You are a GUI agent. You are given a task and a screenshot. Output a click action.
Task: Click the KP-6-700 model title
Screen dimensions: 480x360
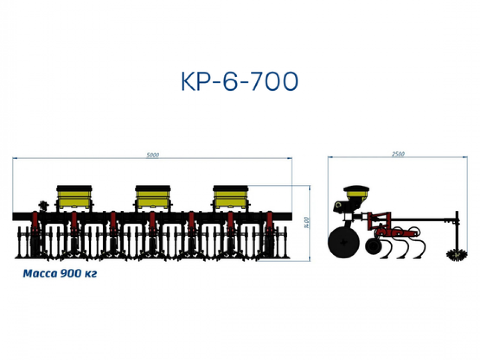[x=240, y=81]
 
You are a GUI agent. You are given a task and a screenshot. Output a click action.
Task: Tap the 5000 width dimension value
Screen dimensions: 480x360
[x=152, y=155]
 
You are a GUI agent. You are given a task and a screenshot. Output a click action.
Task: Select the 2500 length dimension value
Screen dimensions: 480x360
[x=398, y=154]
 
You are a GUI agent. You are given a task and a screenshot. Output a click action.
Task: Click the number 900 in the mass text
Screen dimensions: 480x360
[x=70, y=274]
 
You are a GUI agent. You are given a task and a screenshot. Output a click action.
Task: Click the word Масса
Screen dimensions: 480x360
[x=40, y=274]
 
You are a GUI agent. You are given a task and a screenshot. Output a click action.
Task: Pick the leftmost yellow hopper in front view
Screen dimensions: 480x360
[x=74, y=198]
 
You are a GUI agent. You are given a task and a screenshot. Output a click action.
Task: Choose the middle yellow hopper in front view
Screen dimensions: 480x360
[x=153, y=198]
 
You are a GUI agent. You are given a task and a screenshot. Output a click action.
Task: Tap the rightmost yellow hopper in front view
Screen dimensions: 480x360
[x=230, y=198]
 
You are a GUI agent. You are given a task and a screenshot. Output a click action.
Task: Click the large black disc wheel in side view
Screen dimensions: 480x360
[x=344, y=243]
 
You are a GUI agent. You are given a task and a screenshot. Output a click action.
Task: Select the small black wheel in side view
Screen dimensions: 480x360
[x=373, y=246]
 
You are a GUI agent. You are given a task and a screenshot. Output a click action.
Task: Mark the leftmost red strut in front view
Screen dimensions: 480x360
[x=35, y=222]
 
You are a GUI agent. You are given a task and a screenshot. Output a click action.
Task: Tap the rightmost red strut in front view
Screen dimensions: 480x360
[x=270, y=222]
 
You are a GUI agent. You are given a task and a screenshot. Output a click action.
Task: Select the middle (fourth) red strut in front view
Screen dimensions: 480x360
[x=152, y=222]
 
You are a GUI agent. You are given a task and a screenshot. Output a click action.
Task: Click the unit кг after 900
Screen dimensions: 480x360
[x=90, y=274]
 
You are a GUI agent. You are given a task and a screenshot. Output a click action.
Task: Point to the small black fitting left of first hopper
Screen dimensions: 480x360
[x=44, y=206]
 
